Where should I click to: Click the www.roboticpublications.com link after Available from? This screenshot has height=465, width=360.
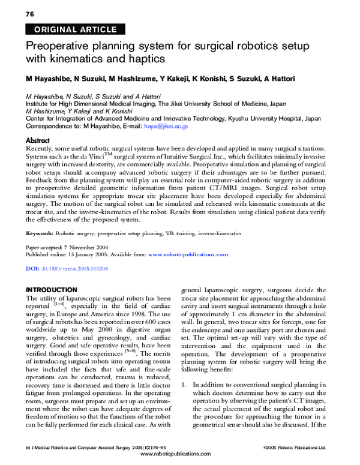(x=188, y=254)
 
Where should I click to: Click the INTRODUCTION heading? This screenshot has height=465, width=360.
(x=52, y=290)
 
